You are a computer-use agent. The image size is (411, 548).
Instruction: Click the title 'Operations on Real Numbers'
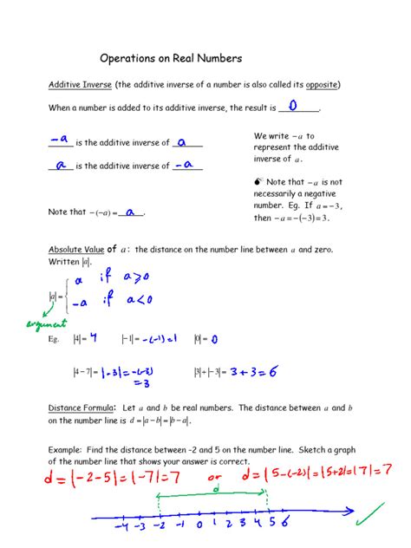[x=170, y=58]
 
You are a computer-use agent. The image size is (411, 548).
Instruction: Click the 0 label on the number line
[x=199, y=525]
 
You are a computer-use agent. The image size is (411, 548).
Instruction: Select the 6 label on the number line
[x=284, y=523]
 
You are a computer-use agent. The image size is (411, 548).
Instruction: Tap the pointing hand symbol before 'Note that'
[x=258, y=182]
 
